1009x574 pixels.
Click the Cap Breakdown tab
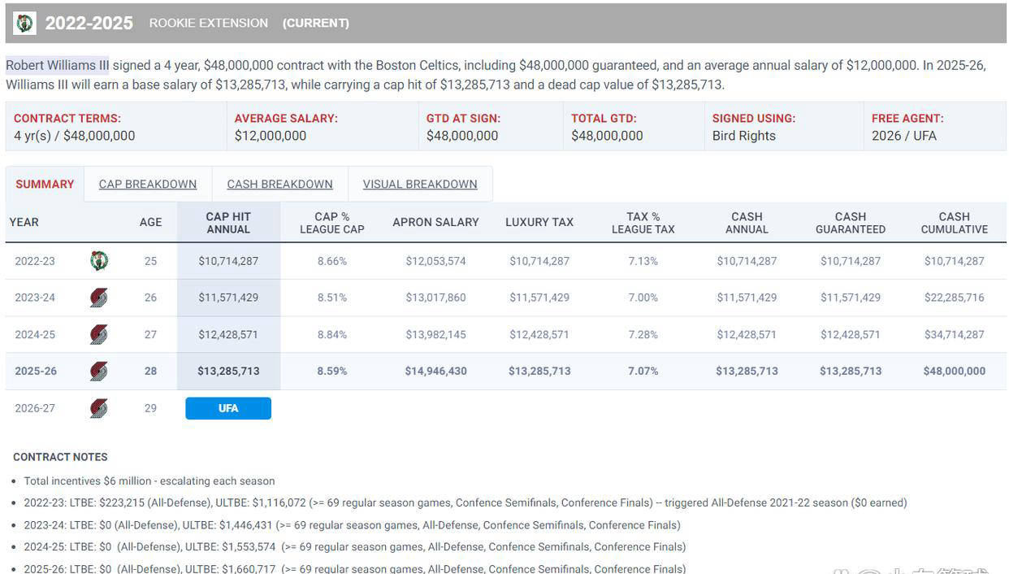(148, 185)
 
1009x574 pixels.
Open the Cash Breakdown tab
(279, 185)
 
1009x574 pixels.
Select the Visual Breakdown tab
(420, 185)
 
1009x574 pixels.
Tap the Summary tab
(45, 185)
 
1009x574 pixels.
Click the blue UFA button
(228, 408)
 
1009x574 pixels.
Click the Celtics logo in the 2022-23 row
(99, 261)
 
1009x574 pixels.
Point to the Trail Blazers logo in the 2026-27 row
(99, 408)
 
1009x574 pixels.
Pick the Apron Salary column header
(435, 222)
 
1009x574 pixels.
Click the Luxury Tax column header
(539, 222)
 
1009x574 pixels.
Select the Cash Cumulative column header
(954, 223)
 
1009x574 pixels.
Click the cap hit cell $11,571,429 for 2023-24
(228, 298)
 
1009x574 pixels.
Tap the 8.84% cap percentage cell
(332, 334)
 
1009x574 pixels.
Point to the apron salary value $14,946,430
(435, 371)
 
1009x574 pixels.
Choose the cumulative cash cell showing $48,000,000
(954, 371)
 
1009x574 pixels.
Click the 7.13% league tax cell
(643, 261)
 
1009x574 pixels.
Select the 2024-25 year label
(35, 334)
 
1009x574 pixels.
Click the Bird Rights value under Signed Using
(743, 136)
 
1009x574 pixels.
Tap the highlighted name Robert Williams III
(57, 65)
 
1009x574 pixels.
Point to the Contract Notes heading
(60, 457)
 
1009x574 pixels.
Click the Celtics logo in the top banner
(24, 24)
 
